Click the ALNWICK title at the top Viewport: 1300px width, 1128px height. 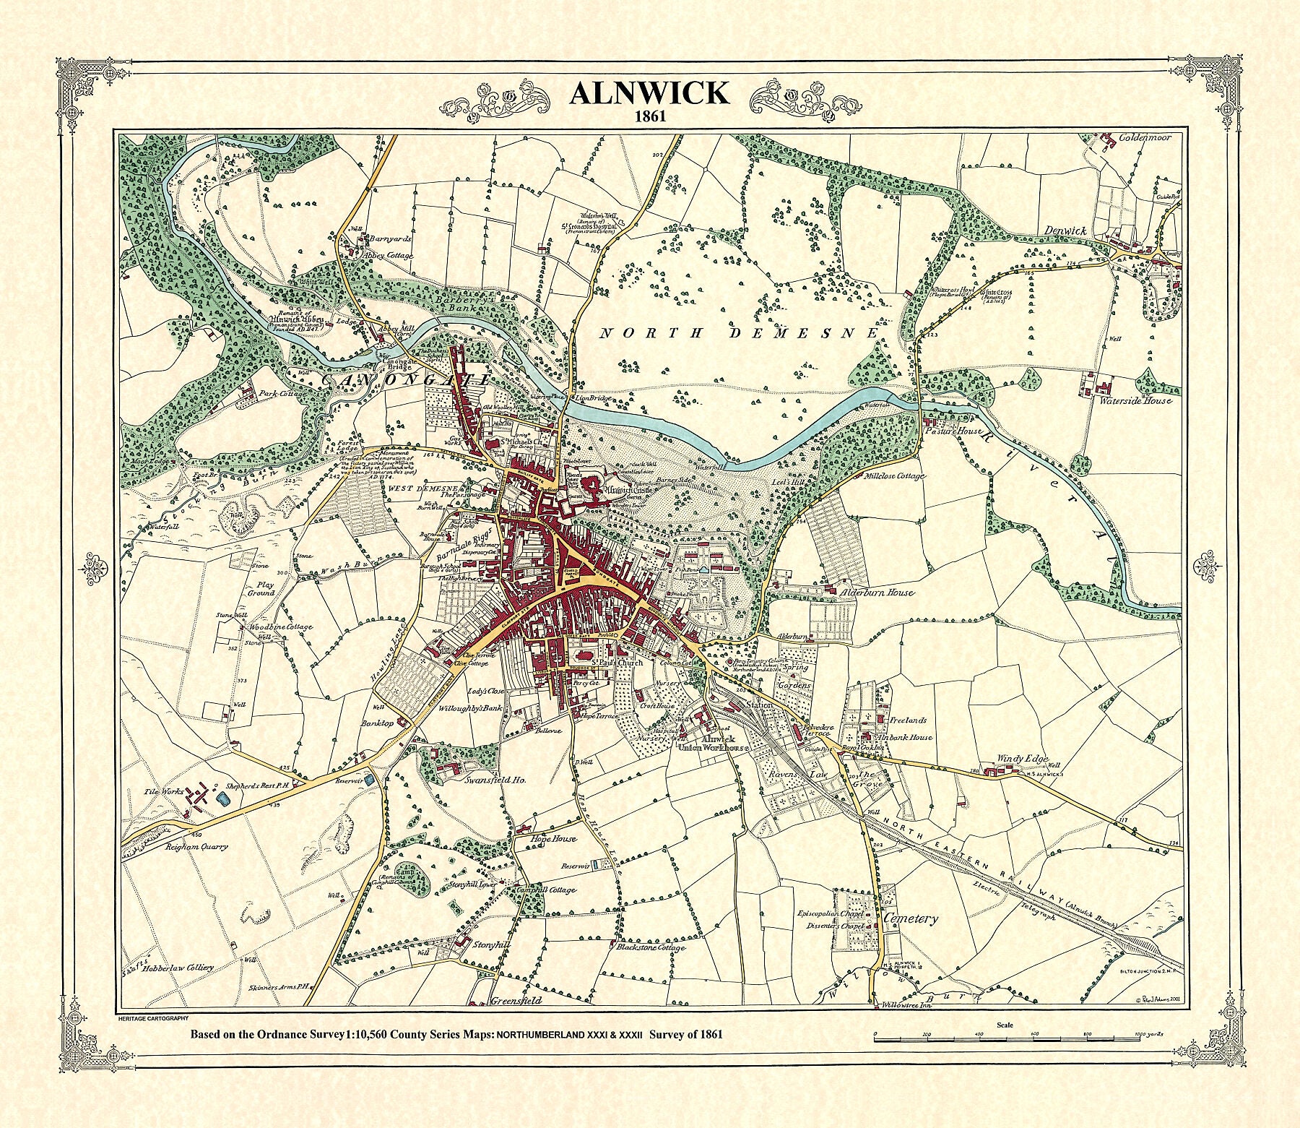pos(649,94)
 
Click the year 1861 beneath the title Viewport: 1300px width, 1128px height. pos(649,116)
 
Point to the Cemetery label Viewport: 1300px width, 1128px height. pos(911,919)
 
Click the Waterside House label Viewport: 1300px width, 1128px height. pos(1135,400)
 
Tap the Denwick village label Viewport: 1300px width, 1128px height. pos(1066,231)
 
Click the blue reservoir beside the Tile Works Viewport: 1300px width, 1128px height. pos(222,798)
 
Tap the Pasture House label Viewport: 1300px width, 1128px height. pos(961,431)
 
